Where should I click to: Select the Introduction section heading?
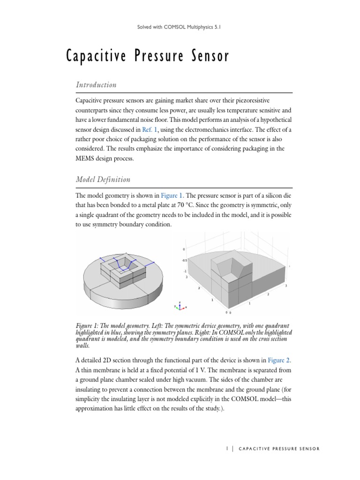point(96,85)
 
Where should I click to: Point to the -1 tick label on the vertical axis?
point(186,271)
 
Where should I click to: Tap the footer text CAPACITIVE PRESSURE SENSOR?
point(279,449)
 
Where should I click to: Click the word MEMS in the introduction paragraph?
point(85,159)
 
